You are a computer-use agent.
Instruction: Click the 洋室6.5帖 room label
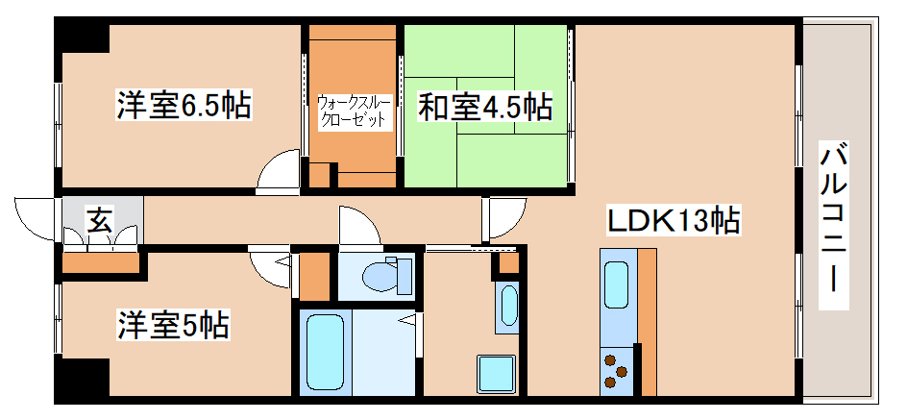coord(184,105)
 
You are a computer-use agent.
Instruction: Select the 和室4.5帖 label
coord(484,107)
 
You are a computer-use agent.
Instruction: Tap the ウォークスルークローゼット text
coord(353,111)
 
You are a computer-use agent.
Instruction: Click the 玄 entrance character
coord(99,220)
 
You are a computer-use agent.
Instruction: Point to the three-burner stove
coord(616,372)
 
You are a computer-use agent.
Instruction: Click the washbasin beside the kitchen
coord(507,306)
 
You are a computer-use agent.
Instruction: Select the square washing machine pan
coord(497,373)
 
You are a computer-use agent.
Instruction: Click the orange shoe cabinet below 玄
coord(100,262)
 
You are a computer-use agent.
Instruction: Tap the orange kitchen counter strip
coord(647,321)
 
